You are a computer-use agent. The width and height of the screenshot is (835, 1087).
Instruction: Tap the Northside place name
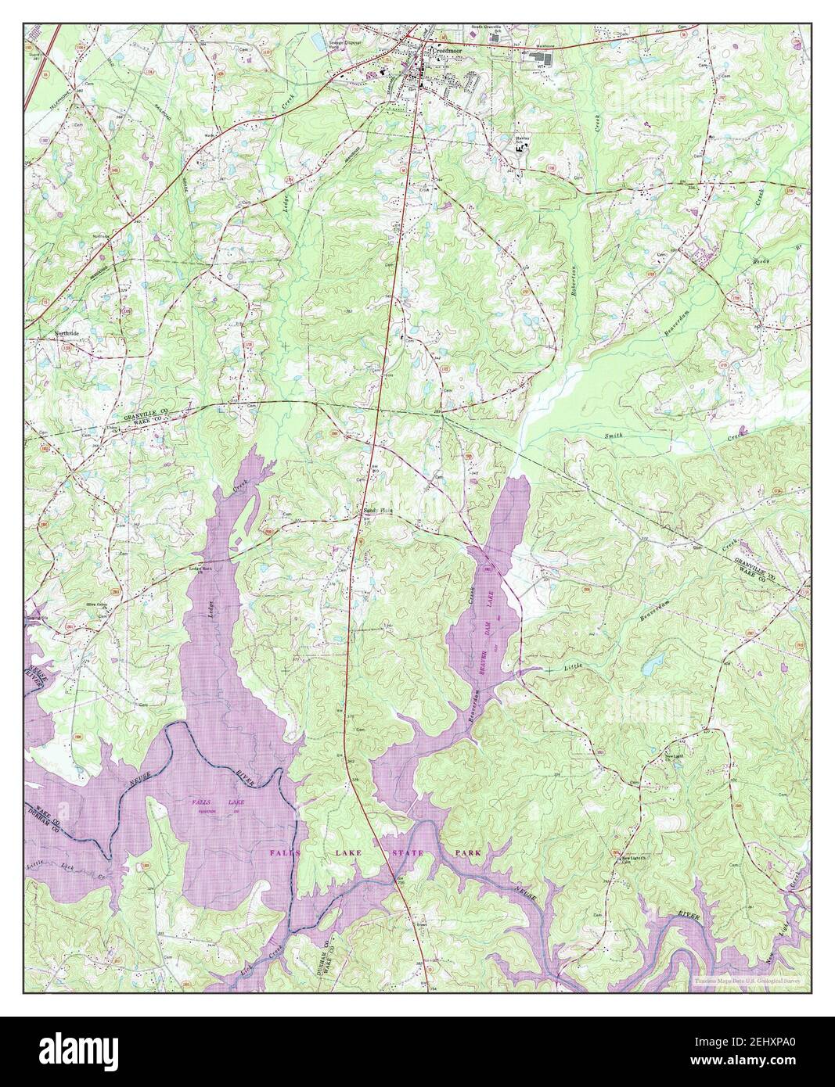point(67,332)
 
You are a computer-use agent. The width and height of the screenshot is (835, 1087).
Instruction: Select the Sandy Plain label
point(376,509)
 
